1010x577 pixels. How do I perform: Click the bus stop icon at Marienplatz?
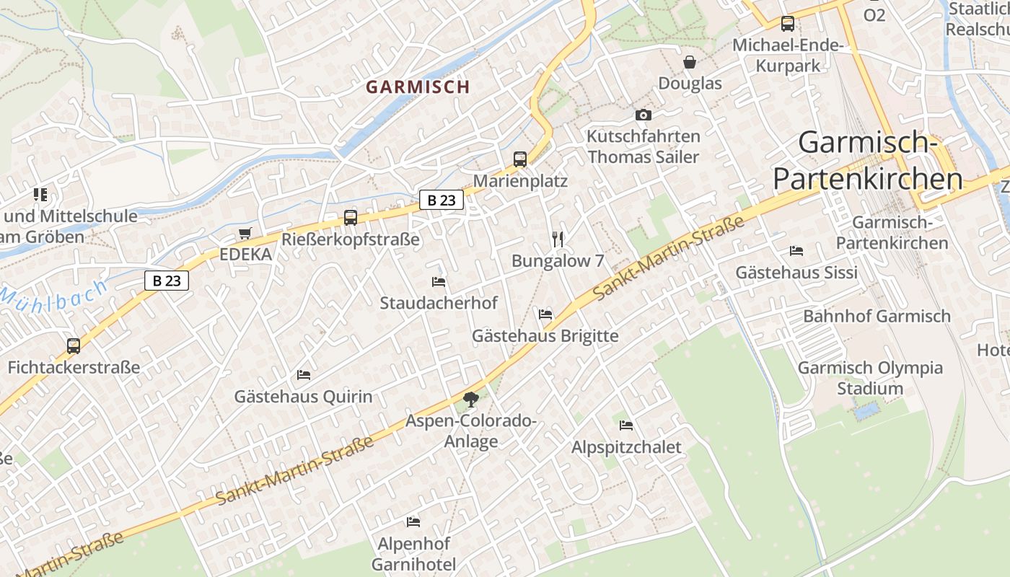point(520,159)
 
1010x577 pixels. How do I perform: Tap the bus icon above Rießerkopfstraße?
point(351,217)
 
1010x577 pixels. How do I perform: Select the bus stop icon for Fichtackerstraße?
point(74,345)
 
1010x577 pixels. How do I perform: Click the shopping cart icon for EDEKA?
point(245,234)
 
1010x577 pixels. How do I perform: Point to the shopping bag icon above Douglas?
point(690,62)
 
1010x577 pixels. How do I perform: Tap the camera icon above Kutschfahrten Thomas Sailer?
point(643,115)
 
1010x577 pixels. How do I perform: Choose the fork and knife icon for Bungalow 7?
point(557,239)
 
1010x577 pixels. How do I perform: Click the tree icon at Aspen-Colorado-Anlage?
point(471,398)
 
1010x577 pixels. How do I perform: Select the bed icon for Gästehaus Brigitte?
point(545,314)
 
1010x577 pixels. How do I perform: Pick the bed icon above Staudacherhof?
point(439,281)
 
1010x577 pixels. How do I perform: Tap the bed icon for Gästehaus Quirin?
point(304,375)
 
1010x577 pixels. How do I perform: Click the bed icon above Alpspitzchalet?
point(626,426)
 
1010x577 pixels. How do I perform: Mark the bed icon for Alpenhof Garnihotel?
point(413,521)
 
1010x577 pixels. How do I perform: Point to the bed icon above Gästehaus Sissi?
point(796,251)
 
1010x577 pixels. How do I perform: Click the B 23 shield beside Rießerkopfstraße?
point(442,201)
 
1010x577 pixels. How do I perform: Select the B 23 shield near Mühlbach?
point(167,281)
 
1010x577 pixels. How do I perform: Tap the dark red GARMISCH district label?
point(418,87)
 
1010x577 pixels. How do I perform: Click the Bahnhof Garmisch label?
point(877,316)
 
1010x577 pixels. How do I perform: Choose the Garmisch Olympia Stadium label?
point(869,378)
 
